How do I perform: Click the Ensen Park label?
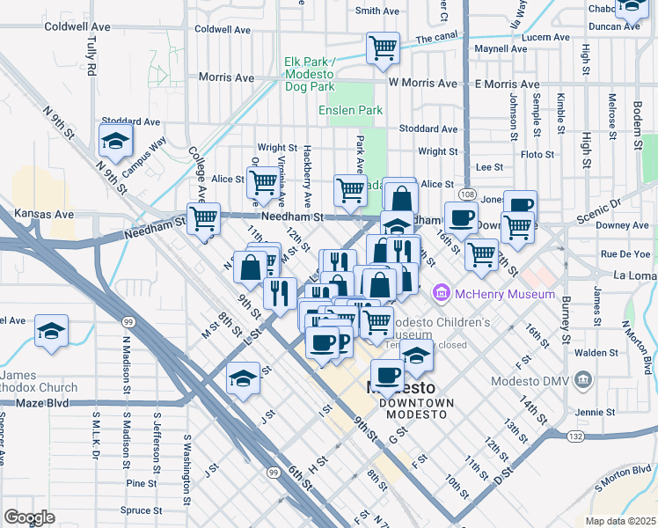point(351,110)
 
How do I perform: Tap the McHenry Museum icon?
point(442,292)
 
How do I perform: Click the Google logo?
point(29,517)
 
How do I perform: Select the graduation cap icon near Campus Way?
point(114,140)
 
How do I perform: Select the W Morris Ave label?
point(422,83)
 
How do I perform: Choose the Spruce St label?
point(137,510)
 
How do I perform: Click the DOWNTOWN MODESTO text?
point(416,402)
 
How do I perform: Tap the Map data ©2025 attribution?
point(620,521)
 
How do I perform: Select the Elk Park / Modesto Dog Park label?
point(310,75)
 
